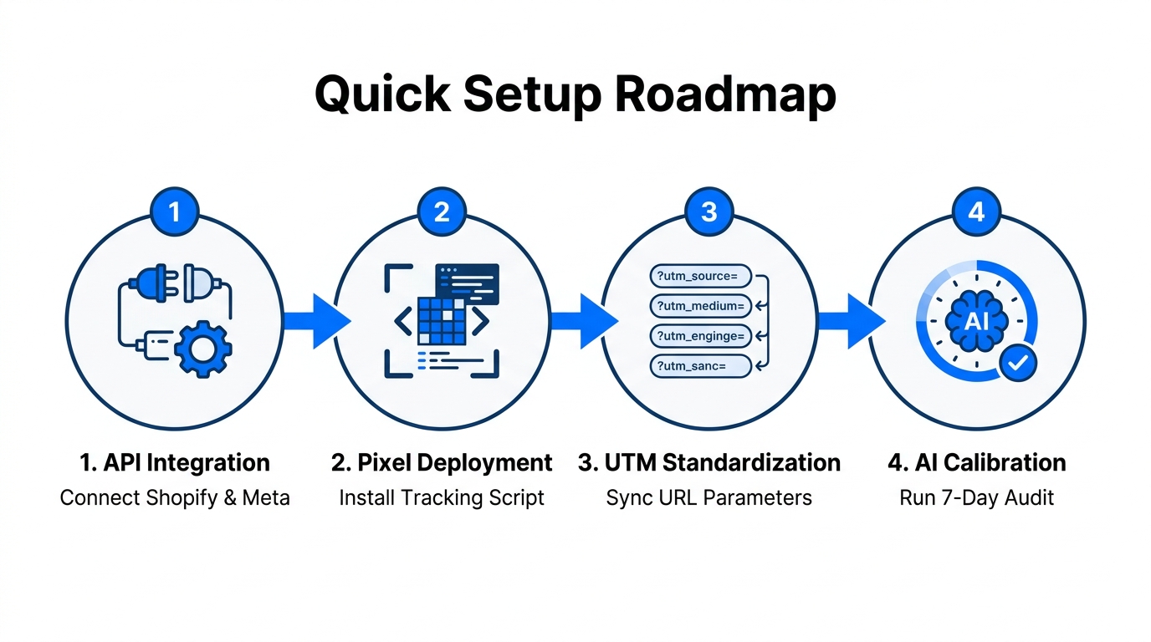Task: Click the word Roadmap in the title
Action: tap(725, 95)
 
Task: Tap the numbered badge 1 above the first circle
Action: tap(174, 212)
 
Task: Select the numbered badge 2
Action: tap(442, 212)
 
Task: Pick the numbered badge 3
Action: tap(709, 212)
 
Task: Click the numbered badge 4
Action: tap(976, 212)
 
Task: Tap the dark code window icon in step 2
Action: tap(467, 283)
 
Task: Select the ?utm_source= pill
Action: tap(700, 276)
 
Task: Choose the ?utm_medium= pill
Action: tap(700, 306)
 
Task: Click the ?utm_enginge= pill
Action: tap(700, 336)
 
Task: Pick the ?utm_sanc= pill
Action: tap(700, 365)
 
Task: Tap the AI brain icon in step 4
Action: tap(976, 321)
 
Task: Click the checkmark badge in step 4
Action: tap(1018, 362)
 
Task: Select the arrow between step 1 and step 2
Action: tap(315, 321)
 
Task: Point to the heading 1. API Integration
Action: tap(175, 463)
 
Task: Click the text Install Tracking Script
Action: tap(442, 498)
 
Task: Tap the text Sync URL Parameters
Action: tap(709, 498)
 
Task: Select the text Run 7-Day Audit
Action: tap(976, 498)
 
